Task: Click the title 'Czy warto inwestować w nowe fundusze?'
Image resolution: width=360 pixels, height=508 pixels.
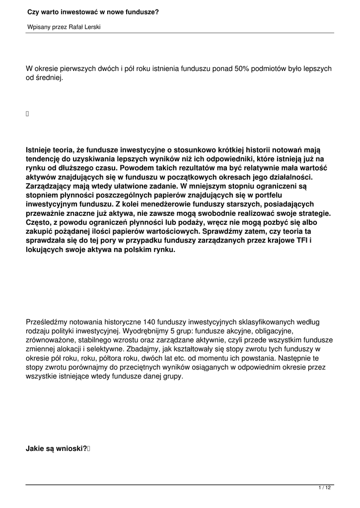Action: point(93,12)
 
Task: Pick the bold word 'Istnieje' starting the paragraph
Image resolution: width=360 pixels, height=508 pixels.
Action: point(41,150)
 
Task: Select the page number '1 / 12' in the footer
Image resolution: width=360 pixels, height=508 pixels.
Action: point(324,489)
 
